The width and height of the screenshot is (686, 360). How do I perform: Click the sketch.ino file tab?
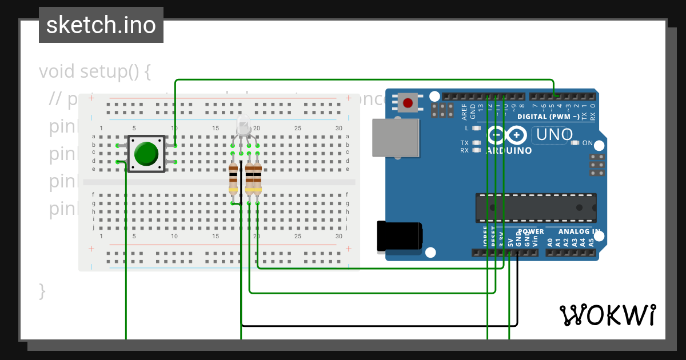101,25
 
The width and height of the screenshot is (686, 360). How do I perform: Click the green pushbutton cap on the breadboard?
146,154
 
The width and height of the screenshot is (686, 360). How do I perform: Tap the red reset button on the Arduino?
408,103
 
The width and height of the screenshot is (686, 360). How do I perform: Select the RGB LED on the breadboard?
244,125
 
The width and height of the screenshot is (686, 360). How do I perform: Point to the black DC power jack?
400,236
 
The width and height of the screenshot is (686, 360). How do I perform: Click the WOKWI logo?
608,315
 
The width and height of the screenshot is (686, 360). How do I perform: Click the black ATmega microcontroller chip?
536,207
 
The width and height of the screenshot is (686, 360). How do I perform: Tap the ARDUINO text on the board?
509,151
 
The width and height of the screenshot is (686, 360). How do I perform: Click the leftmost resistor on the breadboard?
233,178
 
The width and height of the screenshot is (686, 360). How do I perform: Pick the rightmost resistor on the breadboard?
257,178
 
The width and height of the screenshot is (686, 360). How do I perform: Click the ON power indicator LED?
575,143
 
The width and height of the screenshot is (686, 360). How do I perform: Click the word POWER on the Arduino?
531,231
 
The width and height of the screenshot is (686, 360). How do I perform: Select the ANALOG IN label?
579,231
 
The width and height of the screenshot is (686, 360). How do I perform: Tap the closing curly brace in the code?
42,290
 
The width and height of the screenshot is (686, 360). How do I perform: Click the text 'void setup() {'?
95,71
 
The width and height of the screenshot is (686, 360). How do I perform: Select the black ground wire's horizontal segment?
377,326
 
